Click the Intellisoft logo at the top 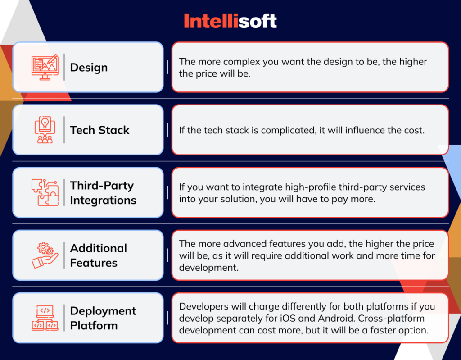coord(230,21)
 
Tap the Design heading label coord(89,68)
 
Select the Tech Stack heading coord(99,130)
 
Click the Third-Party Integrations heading coord(103,193)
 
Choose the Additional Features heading coord(98,255)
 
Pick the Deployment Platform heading coord(103,318)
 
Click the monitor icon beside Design coord(45,68)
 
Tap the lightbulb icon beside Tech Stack coord(45,130)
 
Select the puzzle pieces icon coord(45,193)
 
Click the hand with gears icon coord(45,255)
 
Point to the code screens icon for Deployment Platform coord(45,318)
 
